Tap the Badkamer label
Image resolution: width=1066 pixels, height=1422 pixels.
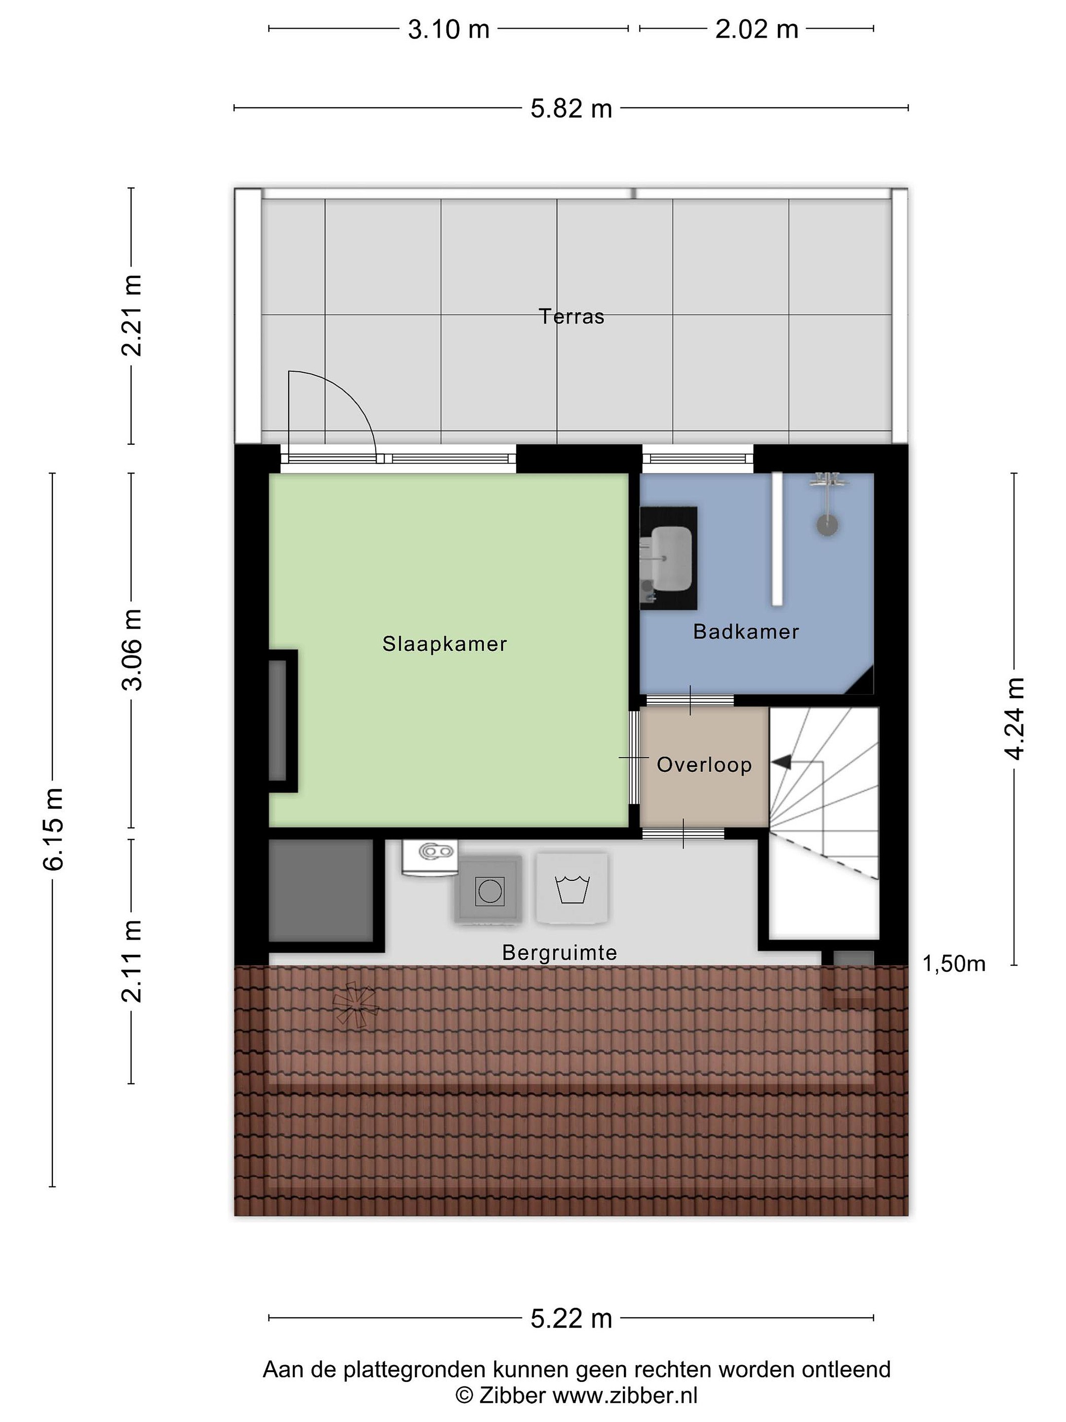(x=746, y=632)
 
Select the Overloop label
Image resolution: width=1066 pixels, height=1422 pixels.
(x=704, y=764)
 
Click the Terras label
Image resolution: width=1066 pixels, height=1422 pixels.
(x=571, y=316)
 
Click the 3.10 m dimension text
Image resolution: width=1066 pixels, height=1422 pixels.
(x=449, y=30)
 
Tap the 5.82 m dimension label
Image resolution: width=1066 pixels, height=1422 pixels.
(x=571, y=109)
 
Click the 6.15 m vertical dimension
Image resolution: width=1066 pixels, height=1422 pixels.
(x=54, y=829)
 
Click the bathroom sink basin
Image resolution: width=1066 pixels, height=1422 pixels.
(x=671, y=557)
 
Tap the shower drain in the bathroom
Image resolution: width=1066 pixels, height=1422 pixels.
(x=828, y=524)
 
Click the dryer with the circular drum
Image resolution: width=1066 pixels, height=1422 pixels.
(x=489, y=891)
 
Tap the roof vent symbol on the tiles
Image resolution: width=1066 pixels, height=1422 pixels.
(x=355, y=1004)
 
